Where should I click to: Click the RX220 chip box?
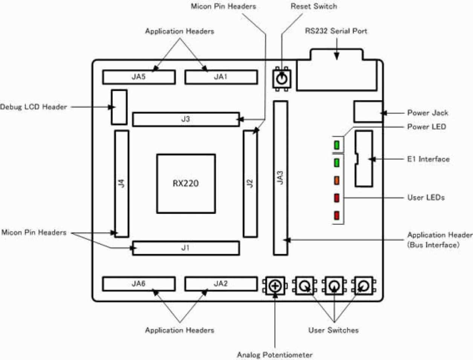pos(186,184)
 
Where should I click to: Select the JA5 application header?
pos(139,77)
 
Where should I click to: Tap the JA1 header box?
pos(221,77)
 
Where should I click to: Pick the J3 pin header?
pos(186,119)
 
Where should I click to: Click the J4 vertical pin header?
pos(121,184)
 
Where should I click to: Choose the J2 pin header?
pos(250,184)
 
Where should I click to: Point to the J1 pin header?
pos(186,248)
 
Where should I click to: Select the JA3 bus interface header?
pos(280,178)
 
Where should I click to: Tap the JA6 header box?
pos(139,284)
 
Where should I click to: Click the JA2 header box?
pos(221,284)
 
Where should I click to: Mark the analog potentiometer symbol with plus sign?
pos(275,286)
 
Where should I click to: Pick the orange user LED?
pos(336,180)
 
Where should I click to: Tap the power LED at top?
pos(336,145)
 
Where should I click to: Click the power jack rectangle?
pos(368,112)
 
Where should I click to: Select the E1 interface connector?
pos(364,158)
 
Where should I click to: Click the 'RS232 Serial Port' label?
pos(336,31)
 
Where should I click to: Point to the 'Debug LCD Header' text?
pos(34,107)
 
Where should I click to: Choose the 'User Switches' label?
pos(333,330)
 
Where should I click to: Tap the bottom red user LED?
pos(336,216)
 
